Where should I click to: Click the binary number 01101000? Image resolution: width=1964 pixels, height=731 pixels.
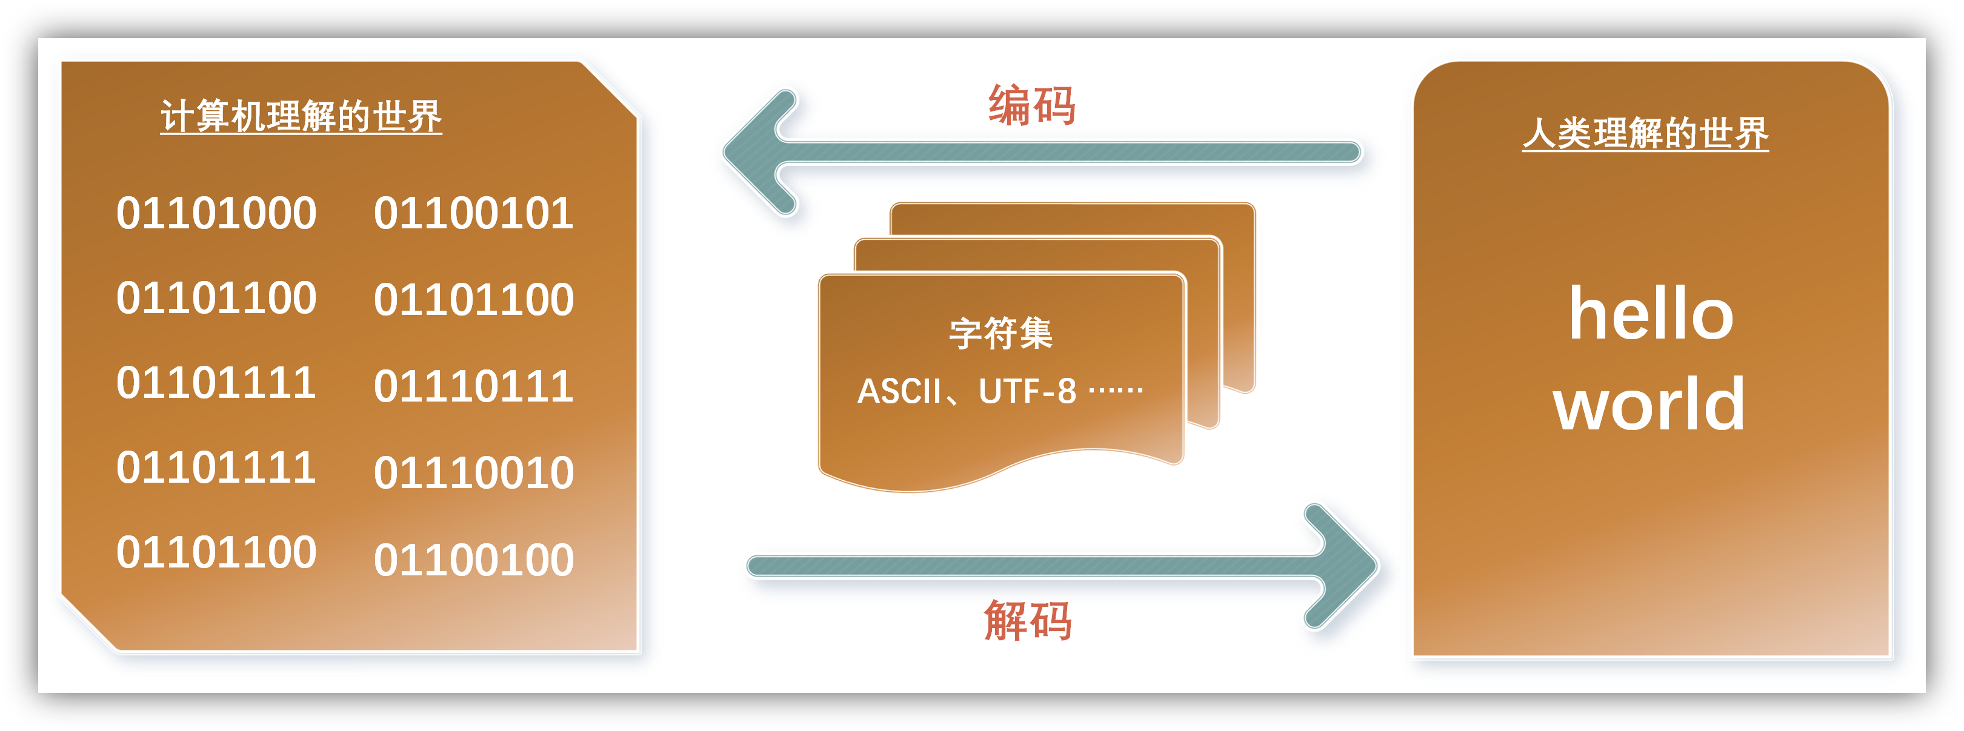point(216,213)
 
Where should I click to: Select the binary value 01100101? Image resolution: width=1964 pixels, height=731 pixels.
point(473,213)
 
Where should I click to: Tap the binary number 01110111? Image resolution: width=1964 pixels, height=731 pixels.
point(473,386)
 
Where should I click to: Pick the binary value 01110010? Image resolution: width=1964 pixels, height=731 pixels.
point(473,472)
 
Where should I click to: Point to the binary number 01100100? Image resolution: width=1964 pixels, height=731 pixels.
point(473,560)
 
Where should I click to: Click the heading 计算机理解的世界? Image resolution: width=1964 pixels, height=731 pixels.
point(301,117)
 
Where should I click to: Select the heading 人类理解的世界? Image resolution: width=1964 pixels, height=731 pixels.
point(1645,133)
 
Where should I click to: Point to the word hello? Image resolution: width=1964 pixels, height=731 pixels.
point(1651,314)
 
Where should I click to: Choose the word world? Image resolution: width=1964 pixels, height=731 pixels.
point(1649,404)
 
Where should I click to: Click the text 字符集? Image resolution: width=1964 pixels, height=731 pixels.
point(1000,333)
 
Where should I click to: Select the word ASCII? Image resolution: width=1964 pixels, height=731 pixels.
point(899,392)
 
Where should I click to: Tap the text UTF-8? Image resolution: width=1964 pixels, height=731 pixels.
point(1027,392)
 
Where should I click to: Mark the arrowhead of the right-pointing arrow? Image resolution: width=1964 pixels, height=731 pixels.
point(1346,566)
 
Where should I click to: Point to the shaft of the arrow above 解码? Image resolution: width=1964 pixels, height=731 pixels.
point(1030,566)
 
